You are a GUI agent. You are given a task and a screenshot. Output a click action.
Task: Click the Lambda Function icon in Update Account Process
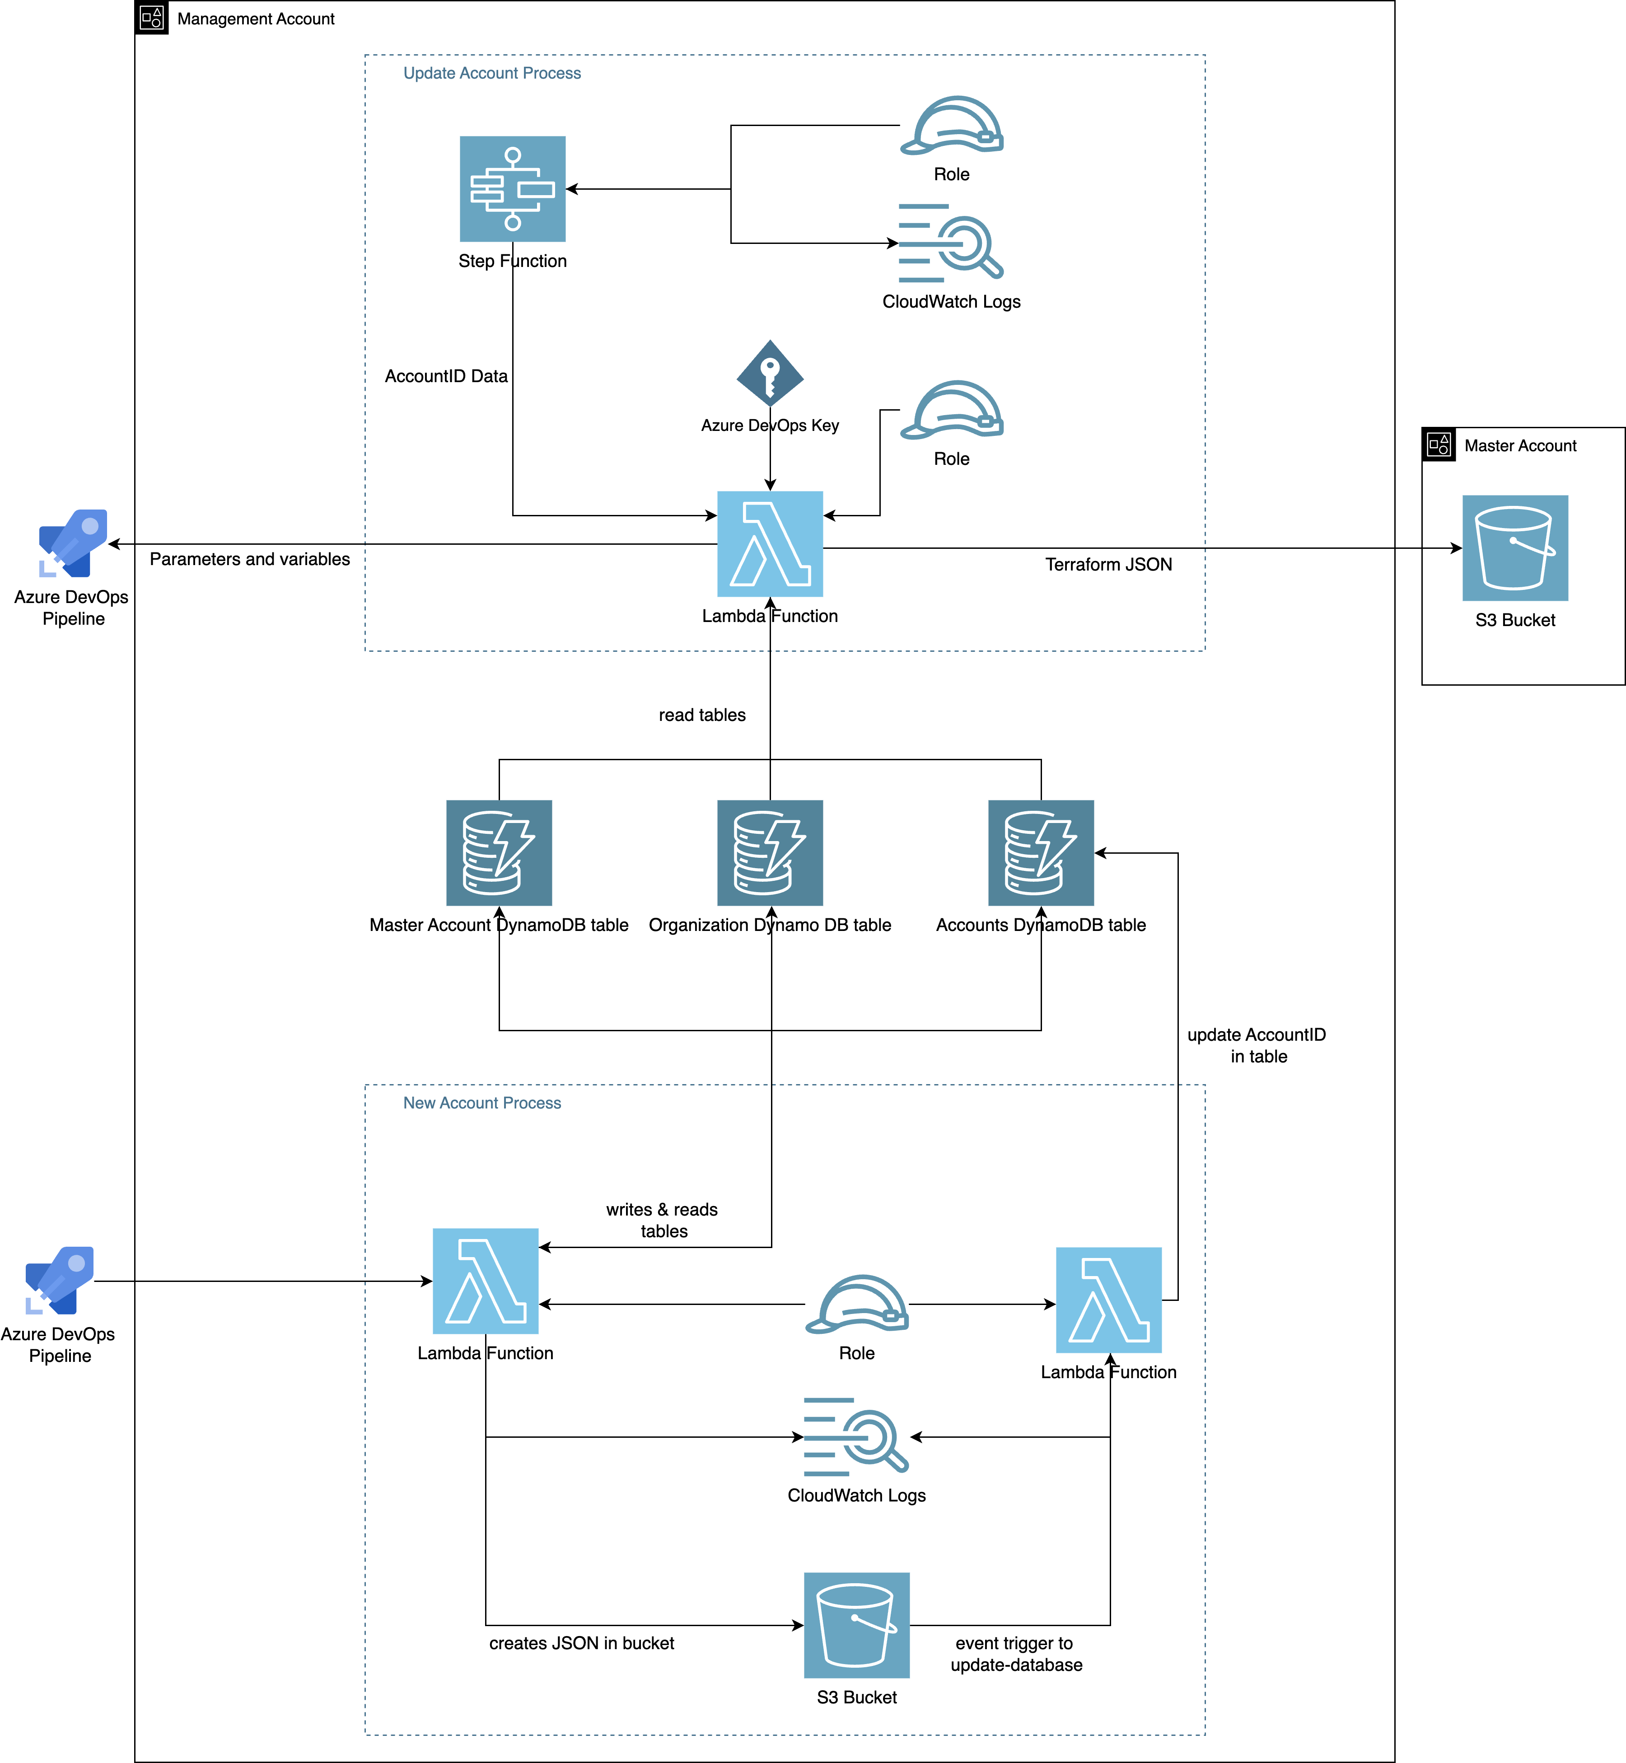770,544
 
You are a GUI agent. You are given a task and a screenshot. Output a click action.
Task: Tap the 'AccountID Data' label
446,376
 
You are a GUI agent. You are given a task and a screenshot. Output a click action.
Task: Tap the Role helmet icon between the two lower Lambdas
856,1304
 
